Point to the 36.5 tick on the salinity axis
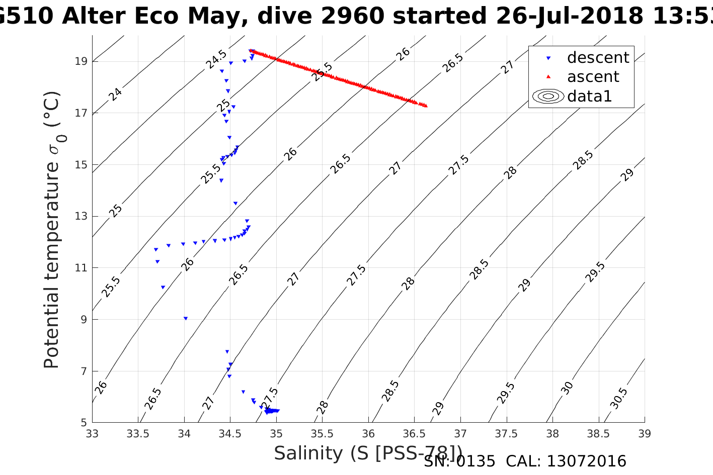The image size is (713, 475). click(x=414, y=433)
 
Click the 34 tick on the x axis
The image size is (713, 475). click(x=184, y=433)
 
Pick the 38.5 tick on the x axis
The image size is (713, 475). click(x=598, y=433)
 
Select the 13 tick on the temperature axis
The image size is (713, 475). click(x=80, y=216)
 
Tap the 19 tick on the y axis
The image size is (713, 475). click(x=80, y=61)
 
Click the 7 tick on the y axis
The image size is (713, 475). click(x=83, y=371)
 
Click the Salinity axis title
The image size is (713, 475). click(x=368, y=453)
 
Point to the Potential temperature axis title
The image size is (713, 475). click(x=52, y=229)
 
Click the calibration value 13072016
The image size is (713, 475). click(x=586, y=461)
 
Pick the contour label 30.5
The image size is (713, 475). click(x=618, y=398)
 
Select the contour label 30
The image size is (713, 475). click(x=567, y=388)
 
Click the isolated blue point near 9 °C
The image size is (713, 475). click(x=186, y=318)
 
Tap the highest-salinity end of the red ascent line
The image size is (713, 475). click(x=426, y=106)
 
